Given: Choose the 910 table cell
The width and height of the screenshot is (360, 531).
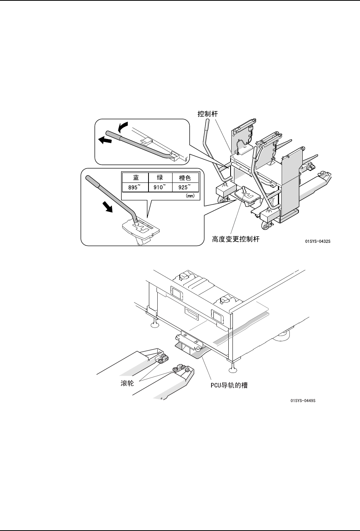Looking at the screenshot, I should [x=159, y=187].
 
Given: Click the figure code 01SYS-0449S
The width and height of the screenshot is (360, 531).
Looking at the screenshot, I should [x=303, y=400].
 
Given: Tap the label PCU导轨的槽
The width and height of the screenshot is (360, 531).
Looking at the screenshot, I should [x=229, y=386].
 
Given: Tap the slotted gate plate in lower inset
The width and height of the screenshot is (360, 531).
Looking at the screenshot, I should [x=141, y=228].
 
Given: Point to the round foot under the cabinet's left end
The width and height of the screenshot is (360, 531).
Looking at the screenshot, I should [x=155, y=324].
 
